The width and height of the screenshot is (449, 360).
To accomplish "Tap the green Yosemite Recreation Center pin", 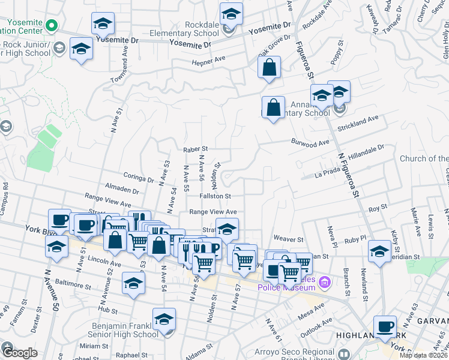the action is pyautogui.click(x=52, y=26).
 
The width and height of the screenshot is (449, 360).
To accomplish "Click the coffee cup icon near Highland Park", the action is pyautogui.click(x=385, y=327).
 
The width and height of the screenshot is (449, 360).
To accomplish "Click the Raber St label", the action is pyautogui.click(x=195, y=148).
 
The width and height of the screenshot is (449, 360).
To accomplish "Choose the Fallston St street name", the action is pyautogui.click(x=215, y=196).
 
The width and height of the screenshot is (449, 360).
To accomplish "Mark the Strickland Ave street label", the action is pyautogui.click(x=358, y=123).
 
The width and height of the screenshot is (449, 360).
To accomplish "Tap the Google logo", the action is pyautogui.click(x=19, y=353).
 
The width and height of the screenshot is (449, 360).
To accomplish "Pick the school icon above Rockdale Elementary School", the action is pyautogui.click(x=231, y=13).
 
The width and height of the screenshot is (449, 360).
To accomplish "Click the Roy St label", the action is pyautogui.click(x=377, y=208).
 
